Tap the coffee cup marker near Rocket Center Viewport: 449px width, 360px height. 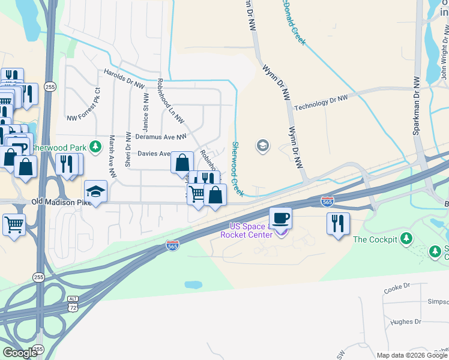280,217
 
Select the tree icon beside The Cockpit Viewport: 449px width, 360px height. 406,239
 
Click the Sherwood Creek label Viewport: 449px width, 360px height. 238,168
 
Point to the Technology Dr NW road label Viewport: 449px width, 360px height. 321,103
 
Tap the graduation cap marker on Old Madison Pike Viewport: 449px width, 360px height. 95,191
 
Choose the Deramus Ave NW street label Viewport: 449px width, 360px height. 152,137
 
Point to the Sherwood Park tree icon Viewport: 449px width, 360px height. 95,146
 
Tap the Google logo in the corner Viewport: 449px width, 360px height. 20,353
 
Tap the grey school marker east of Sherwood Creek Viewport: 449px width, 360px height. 262,145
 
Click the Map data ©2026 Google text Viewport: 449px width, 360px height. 412,355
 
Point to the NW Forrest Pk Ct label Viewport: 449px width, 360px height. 84,106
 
